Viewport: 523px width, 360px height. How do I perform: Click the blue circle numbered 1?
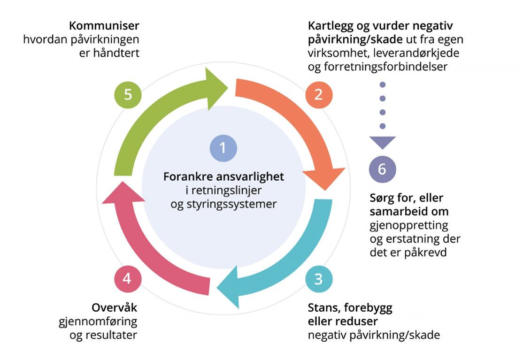pos(223,148)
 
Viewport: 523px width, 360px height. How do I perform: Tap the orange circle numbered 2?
pos(319,94)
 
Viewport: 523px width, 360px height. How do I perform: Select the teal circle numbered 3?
pos(319,279)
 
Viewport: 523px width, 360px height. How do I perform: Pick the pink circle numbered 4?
pos(127,279)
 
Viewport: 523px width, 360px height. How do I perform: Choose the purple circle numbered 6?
pos(382,169)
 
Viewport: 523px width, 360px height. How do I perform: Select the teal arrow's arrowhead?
pos(231,286)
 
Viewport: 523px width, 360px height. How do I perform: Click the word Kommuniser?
pos(105,25)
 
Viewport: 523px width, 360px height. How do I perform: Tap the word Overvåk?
pos(115,308)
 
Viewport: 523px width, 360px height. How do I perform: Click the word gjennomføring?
pos(98,322)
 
